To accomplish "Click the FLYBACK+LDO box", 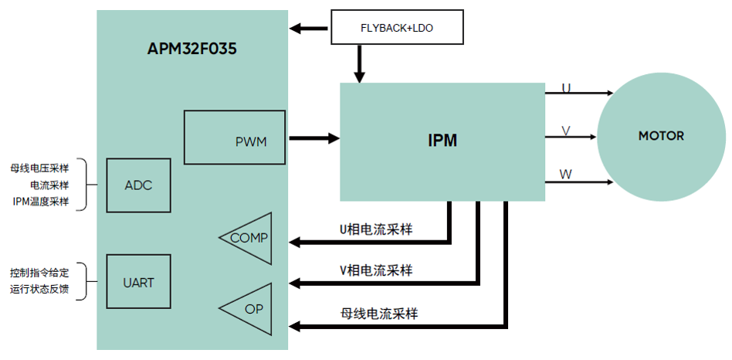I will [x=398, y=28].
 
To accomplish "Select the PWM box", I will [x=235, y=138].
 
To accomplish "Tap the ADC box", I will [x=138, y=185].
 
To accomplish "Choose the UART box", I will [x=138, y=282].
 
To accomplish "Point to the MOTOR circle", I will [x=660, y=136].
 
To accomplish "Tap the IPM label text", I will [x=442, y=141].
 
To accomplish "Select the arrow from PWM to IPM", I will [x=313, y=138].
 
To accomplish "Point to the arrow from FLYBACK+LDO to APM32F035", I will [x=310, y=29].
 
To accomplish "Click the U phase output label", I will [x=566, y=88].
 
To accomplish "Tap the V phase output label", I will [x=566, y=131].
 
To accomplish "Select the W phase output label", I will [x=566, y=175].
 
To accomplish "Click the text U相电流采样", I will [x=376, y=229].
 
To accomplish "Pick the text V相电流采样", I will [x=376, y=270].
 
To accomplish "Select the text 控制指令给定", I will [x=39, y=273].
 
